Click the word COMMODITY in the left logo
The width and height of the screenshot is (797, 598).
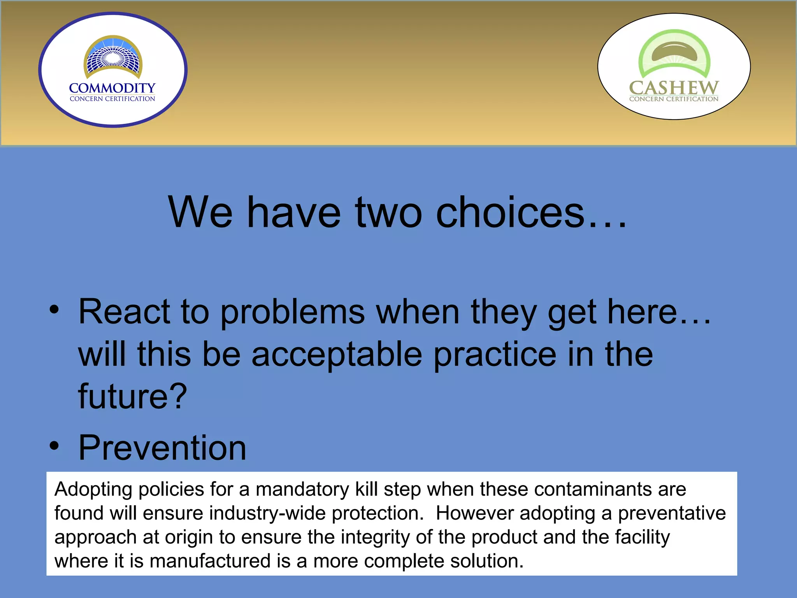112,88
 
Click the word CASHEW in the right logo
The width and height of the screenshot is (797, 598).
674,88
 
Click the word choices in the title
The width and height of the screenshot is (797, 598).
510,213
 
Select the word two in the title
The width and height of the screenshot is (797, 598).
388,213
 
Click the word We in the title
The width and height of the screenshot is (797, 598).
200,213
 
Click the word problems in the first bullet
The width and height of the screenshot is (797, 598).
293,312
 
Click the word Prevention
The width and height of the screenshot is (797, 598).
162,448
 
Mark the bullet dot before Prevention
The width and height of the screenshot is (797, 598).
54,446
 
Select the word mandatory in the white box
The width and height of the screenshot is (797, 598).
302,489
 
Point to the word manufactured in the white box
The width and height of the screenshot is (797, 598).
210,561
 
